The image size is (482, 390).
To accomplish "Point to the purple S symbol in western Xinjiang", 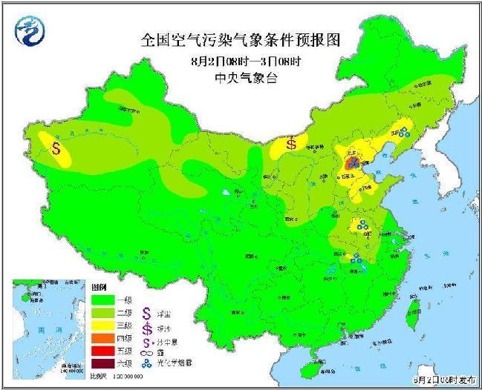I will click(56, 146).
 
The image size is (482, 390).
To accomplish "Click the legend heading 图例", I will click(100, 285).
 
